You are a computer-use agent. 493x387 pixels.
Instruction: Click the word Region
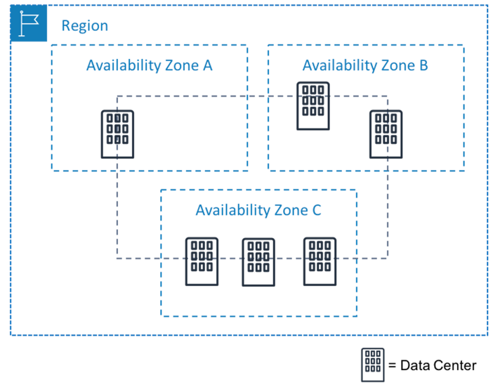[85, 26]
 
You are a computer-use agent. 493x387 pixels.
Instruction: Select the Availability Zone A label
[149, 65]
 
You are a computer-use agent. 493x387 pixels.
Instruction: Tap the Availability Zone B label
[365, 65]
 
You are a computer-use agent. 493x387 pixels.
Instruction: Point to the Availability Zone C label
[258, 210]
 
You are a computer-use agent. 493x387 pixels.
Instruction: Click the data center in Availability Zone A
[117, 133]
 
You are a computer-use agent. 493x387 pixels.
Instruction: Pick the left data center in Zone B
[313, 105]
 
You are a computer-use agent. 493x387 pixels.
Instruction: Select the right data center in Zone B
[386, 133]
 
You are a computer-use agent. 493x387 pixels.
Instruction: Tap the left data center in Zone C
[202, 261]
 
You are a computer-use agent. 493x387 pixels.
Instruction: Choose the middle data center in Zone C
[258, 262]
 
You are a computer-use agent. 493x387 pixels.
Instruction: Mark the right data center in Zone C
[319, 261]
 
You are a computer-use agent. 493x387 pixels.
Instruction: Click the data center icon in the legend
[372, 365]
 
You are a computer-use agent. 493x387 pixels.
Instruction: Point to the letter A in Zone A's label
[207, 65]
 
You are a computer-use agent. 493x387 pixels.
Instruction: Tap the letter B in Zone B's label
[423, 65]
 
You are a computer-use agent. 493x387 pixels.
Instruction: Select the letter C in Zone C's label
[317, 210]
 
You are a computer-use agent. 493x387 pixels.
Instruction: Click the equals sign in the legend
[392, 365]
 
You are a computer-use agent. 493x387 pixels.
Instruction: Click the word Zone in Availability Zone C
[291, 210]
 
